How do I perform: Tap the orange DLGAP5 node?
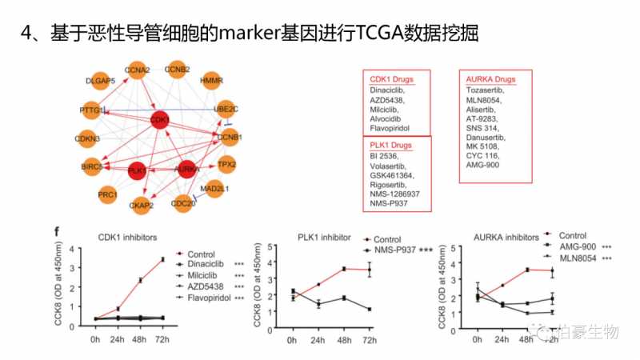click(x=102, y=81)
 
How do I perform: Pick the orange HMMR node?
click(x=211, y=81)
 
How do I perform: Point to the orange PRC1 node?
click(x=107, y=194)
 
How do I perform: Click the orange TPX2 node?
click(x=226, y=165)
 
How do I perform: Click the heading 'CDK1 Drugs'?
click(x=390, y=80)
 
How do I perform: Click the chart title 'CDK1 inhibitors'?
click(x=127, y=237)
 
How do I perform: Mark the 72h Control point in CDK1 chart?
click(x=162, y=259)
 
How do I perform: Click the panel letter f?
click(x=55, y=232)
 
